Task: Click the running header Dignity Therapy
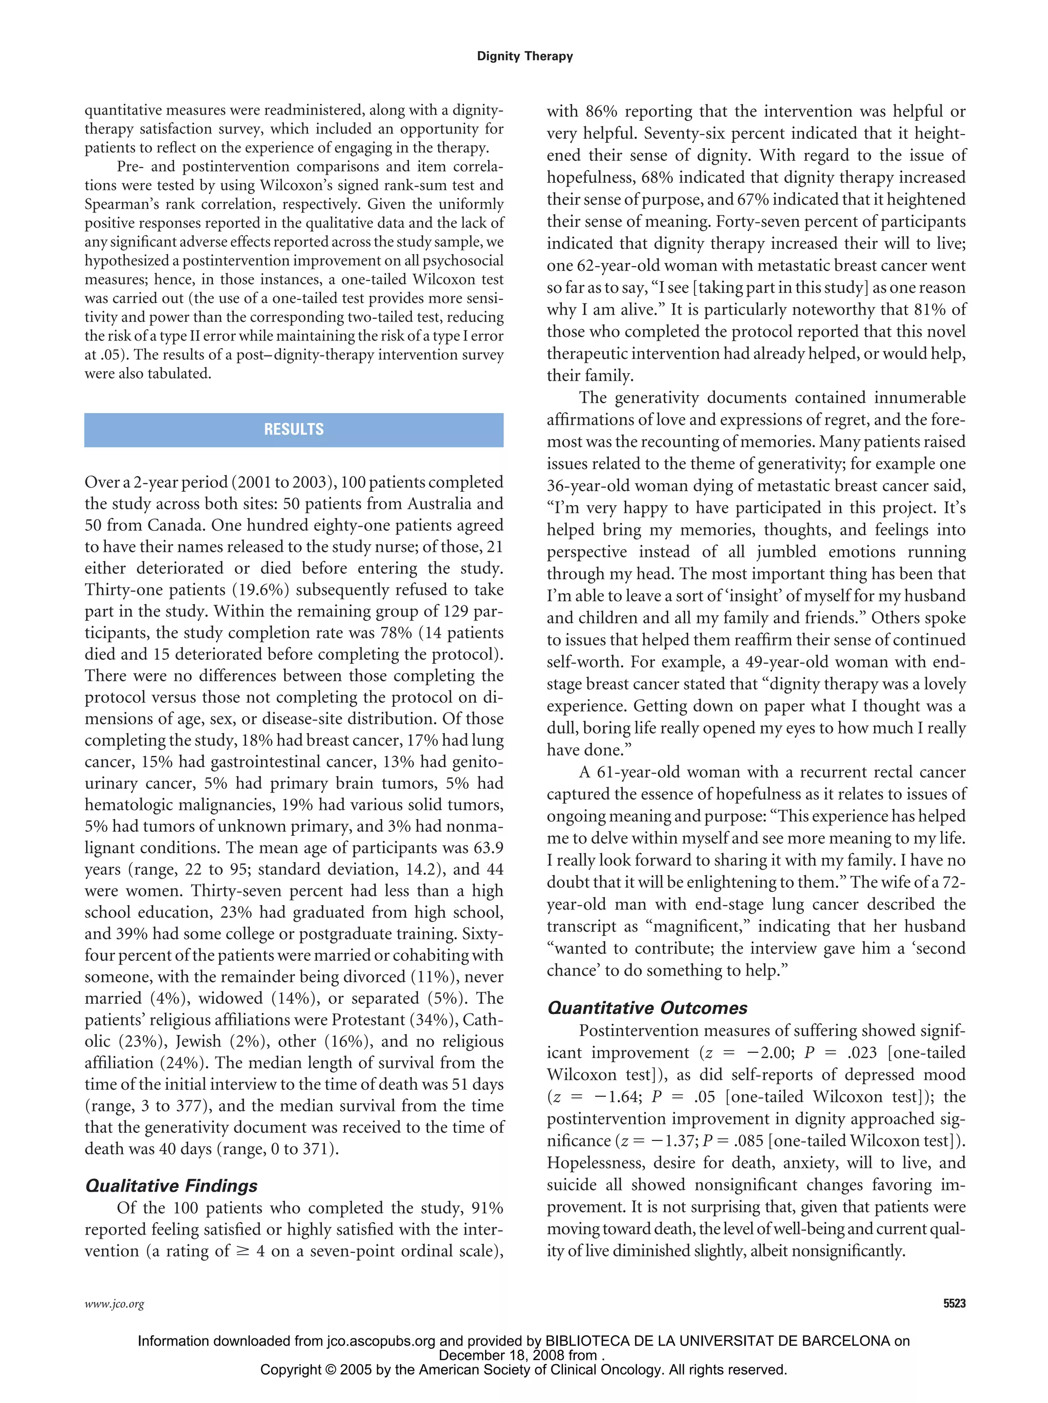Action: coord(525,56)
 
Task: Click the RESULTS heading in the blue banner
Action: coord(294,429)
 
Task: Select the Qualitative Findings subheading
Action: coord(171,1186)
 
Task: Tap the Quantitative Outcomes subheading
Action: coord(647,1008)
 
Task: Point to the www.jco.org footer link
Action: coord(114,1305)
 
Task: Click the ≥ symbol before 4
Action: coord(243,1251)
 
